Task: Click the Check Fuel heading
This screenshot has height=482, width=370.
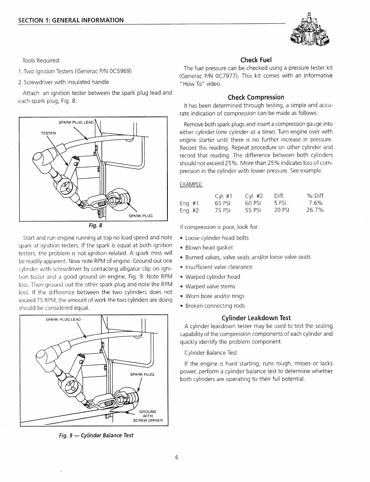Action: tap(256, 60)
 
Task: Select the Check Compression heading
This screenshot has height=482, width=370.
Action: tap(256, 97)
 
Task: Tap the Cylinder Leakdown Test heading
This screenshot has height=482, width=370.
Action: tap(256, 318)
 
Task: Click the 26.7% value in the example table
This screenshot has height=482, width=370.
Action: tap(315, 211)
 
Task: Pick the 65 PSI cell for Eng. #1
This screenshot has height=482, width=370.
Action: tap(223, 203)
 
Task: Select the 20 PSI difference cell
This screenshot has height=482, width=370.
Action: tap(281, 211)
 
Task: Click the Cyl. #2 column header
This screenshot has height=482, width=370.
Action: tap(254, 195)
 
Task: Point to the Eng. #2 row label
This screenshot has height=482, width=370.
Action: tap(189, 211)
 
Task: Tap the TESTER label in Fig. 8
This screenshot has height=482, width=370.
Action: tap(49, 133)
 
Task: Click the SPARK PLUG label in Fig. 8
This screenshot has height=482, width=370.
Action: tap(140, 215)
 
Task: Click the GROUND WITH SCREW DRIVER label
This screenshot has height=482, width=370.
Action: tap(147, 416)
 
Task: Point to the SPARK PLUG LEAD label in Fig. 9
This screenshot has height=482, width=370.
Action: tap(63, 319)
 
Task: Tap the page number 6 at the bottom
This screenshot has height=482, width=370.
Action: tap(176, 457)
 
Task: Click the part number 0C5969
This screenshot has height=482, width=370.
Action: tap(118, 71)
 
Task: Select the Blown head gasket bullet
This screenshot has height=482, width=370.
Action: tap(209, 248)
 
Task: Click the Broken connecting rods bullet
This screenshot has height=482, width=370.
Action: tap(215, 306)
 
